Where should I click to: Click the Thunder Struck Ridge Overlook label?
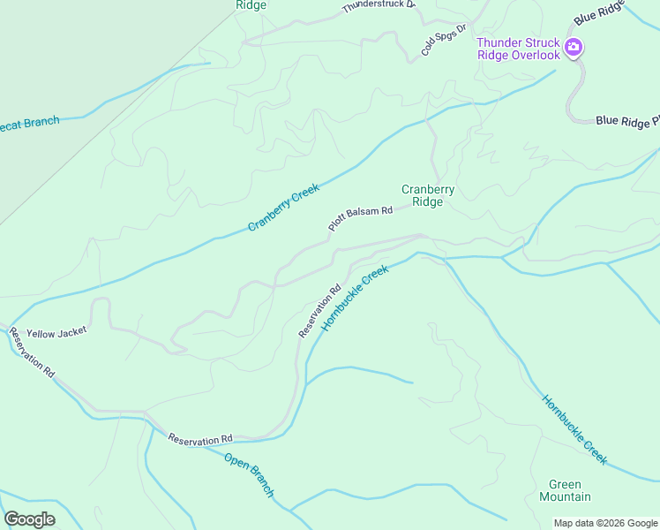click(x=518, y=49)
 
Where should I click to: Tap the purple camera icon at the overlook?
click(x=574, y=47)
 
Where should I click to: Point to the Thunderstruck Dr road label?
click(x=379, y=5)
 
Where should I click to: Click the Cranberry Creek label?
click(x=282, y=208)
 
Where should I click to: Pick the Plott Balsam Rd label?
click(x=360, y=218)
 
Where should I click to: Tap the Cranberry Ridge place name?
click(x=428, y=195)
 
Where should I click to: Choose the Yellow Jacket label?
click(x=56, y=333)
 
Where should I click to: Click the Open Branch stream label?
click(x=249, y=475)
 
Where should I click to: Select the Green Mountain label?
click(x=565, y=490)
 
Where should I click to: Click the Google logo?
click(x=29, y=519)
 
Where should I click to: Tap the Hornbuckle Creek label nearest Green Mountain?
click(x=574, y=429)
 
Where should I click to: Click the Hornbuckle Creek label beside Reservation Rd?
click(x=355, y=299)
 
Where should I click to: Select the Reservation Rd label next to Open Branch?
click(x=199, y=439)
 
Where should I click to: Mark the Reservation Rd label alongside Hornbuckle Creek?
click(x=319, y=310)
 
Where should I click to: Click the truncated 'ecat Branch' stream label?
click(x=29, y=123)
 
